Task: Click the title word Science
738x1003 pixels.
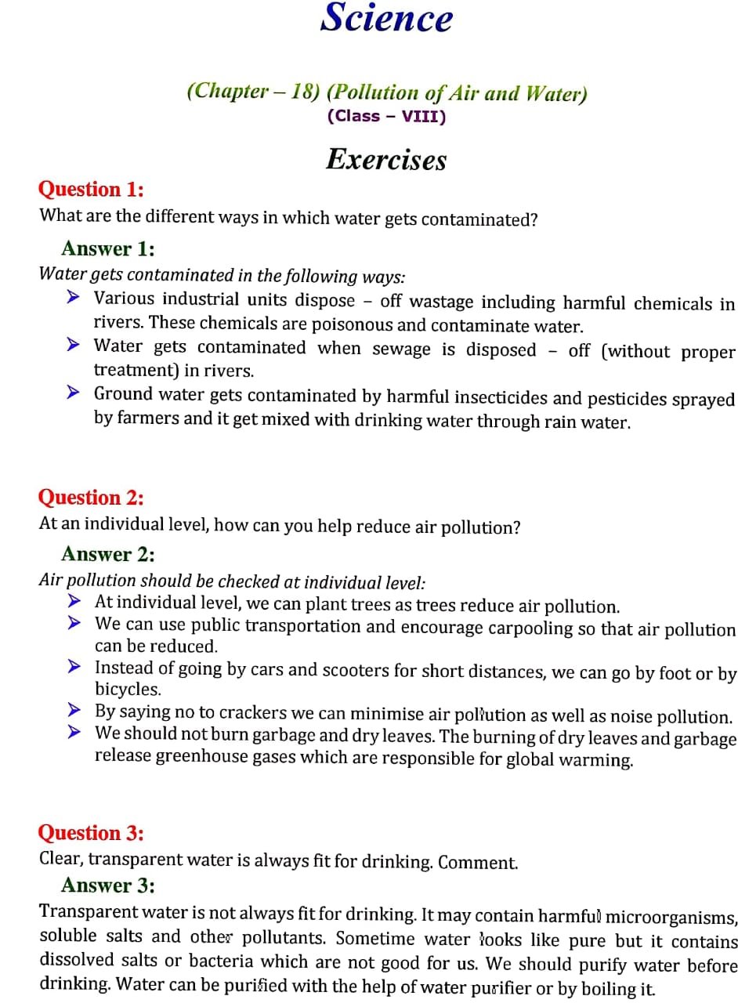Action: (386, 19)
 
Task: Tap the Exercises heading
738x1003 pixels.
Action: (386, 160)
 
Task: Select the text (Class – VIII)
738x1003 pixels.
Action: (386, 117)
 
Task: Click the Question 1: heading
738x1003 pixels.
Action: (91, 190)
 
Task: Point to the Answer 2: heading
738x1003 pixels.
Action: (108, 554)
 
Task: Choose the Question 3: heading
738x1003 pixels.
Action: (91, 832)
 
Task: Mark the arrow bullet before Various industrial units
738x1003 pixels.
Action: (74, 298)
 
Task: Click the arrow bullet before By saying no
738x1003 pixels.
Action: (74, 711)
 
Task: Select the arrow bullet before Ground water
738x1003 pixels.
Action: (74, 393)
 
